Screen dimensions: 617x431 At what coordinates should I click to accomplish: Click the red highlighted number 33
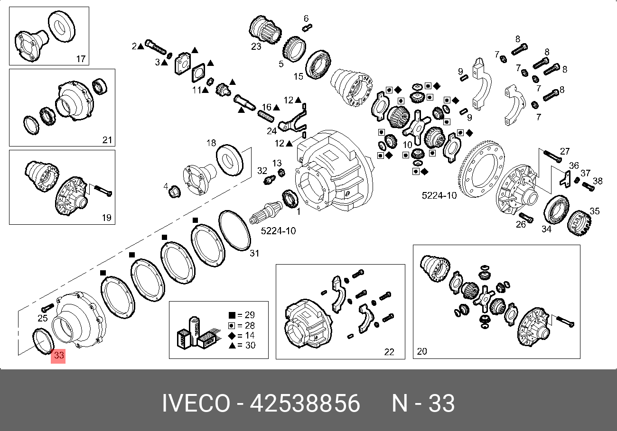(58, 356)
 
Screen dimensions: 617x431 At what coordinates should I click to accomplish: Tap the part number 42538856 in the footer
(305, 403)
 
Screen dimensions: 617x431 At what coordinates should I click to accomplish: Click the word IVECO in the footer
(196, 403)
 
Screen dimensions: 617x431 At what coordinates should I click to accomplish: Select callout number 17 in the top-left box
(81, 59)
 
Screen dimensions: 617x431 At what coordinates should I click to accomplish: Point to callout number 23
(256, 46)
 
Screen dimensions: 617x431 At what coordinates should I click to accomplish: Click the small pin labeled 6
(307, 28)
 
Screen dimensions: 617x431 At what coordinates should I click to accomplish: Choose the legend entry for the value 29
(242, 315)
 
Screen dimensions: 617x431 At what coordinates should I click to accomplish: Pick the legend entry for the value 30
(242, 345)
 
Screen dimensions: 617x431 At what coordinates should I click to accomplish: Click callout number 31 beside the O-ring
(254, 253)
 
